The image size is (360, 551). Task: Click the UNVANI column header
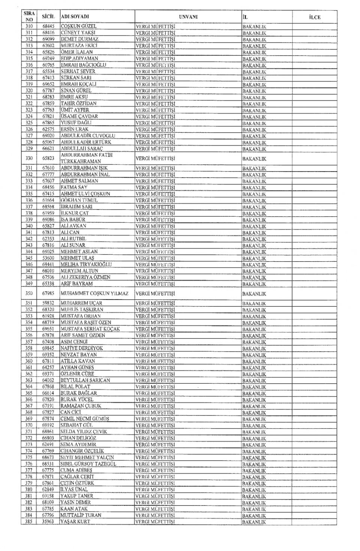[188, 17]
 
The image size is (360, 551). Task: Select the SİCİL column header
[48, 17]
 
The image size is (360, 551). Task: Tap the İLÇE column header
[315, 17]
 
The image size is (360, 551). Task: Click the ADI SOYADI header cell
[75, 17]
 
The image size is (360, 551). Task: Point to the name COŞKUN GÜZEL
[79, 26]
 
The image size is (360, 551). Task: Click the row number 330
[29, 158]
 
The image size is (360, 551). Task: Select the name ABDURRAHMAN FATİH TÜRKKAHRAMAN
[87, 158]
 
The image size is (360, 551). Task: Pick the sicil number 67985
[48, 293]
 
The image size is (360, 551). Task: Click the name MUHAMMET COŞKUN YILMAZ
[94, 293]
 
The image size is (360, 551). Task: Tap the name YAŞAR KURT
[75, 521]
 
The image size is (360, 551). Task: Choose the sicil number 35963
[48, 521]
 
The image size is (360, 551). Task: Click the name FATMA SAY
[74, 187]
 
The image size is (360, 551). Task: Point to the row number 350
[29, 293]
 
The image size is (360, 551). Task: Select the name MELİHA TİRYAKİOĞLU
[86, 264]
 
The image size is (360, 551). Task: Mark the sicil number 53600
[48, 258]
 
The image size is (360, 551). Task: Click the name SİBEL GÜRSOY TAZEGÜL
[88, 464]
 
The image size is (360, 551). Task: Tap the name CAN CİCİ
[71, 412]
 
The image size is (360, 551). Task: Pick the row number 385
[29, 521]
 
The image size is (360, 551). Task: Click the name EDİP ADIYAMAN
[79, 58]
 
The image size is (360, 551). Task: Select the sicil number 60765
[48, 65]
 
